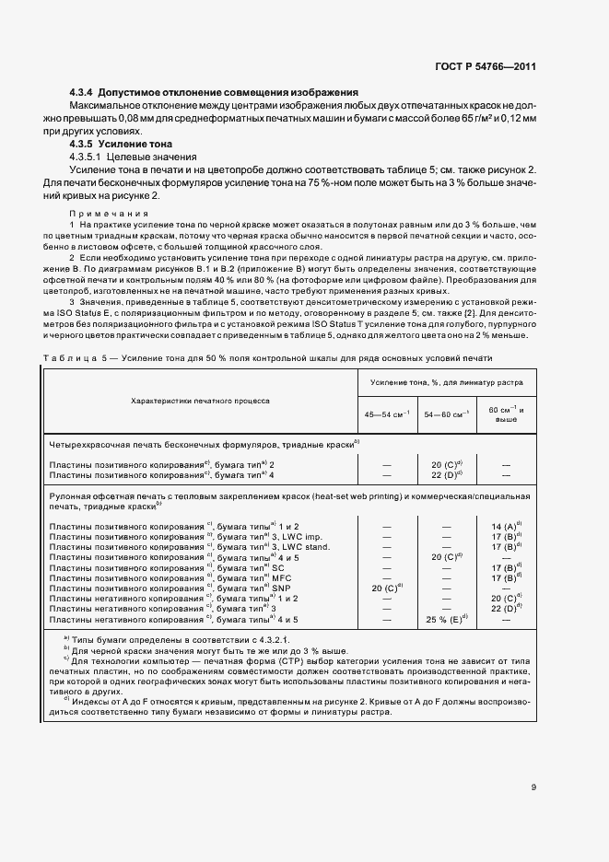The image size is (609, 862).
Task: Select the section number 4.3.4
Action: tap(86, 93)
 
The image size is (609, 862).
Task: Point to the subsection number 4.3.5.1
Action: tap(90, 157)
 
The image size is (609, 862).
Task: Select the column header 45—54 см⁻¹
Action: tap(387, 415)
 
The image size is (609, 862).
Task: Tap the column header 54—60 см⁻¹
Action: tap(446, 415)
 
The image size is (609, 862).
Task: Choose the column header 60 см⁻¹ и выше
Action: tap(506, 414)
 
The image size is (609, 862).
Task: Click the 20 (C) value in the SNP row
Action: tap(387, 587)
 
